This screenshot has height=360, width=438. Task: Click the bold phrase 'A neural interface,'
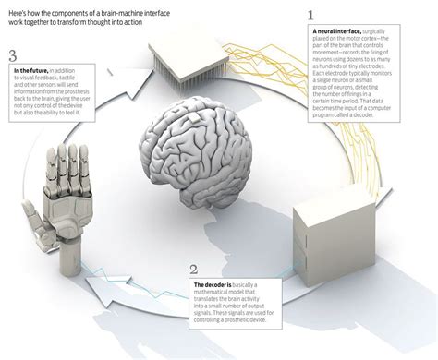(x=338, y=31)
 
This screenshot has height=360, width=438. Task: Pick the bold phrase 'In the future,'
(x=36, y=70)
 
